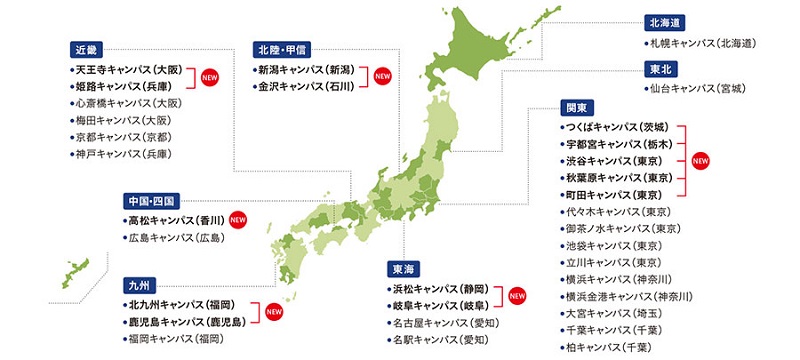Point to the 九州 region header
pyautogui.click(x=137, y=283)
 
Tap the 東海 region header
pyautogui.click(x=404, y=268)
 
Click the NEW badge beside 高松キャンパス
pyautogui.click(x=237, y=218)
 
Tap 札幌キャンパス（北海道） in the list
pyautogui.click(x=698, y=44)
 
